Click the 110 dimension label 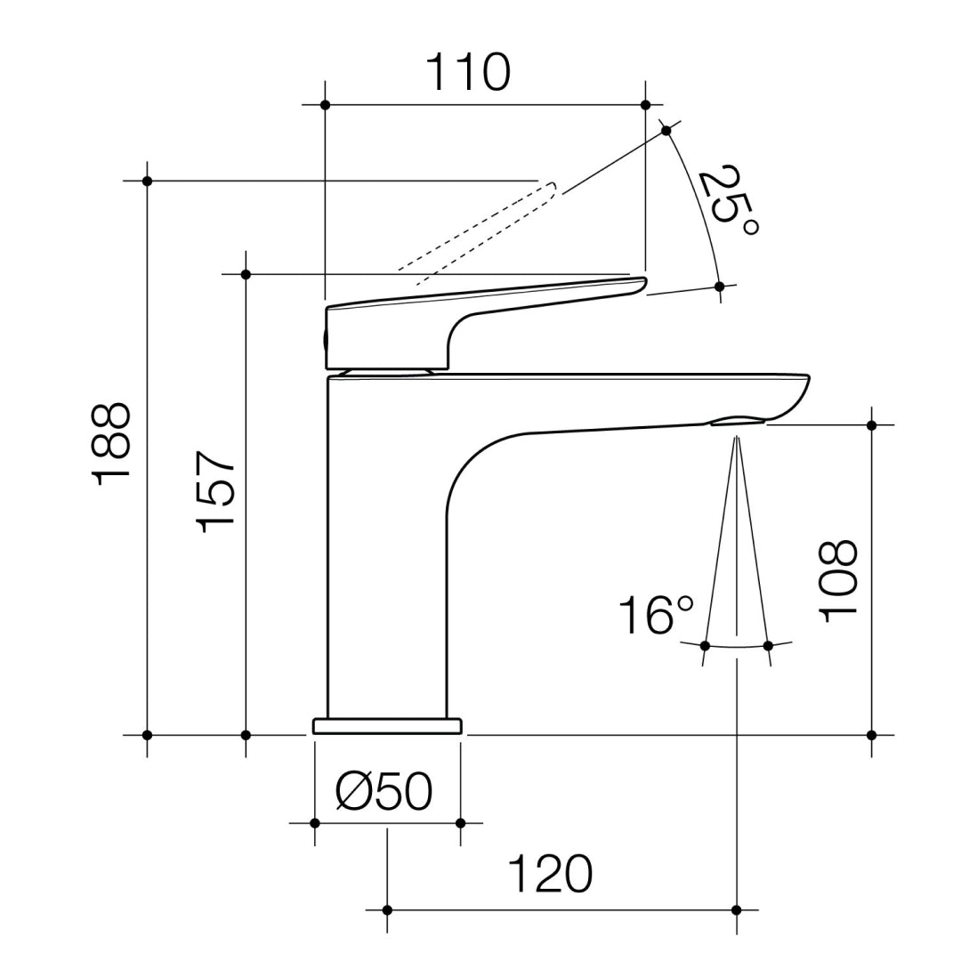pyautogui.click(x=468, y=72)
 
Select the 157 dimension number pyautogui.click(x=215, y=491)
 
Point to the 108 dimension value pyautogui.click(x=838, y=581)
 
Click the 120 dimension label pyautogui.click(x=551, y=874)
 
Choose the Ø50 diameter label pyautogui.click(x=384, y=790)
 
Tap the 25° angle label pyautogui.click(x=728, y=199)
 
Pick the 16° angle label pyautogui.click(x=656, y=615)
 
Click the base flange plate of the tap pyautogui.click(x=387, y=726)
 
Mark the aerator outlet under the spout pyautogui.click(x=738, y=421)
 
